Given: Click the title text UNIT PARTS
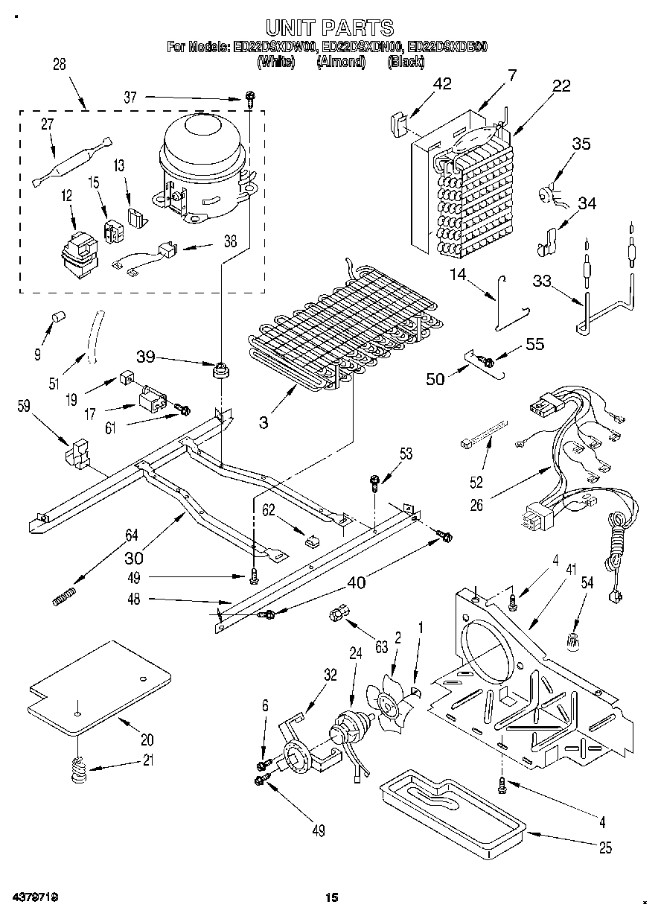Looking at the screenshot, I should pyautogui.click(x=330, y=28).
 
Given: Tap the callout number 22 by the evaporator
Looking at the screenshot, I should pyautogui.click(x=561, y=86).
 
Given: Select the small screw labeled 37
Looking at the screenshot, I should pyautogui.click(x=252, y=98).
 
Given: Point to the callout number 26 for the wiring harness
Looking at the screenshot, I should pyautogui.click(x=476, y=505).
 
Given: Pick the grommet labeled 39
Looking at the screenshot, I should pyautogui.click(x=220, y=369).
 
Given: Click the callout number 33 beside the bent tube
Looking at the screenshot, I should pyautogui.click(x=543, y=281).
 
